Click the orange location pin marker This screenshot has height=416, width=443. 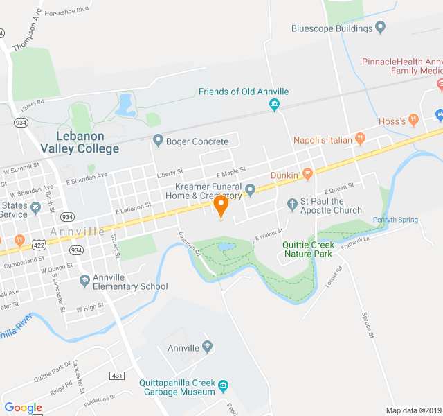coord(221,206)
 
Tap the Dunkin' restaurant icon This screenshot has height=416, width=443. coord(308,174)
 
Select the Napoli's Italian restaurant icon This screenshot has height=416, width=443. coord(360,139)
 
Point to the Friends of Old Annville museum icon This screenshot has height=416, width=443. coord(274,105)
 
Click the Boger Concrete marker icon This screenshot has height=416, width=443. coord(158,141)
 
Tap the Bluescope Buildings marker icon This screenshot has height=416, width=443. coord(380,28)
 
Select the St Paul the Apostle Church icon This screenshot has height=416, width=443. coord(292,205)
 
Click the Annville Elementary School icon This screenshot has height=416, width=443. coord(84,280)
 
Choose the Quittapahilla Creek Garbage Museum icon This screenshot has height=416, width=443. coord(223,385)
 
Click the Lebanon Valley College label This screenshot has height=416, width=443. coord(80,142)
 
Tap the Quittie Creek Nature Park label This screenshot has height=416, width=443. coord(309,249)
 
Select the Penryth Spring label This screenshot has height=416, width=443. coord(395,220)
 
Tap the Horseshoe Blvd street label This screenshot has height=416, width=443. coord(67,12)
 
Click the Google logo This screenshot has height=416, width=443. coord(23,408)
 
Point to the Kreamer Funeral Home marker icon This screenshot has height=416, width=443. coord(250,189)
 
